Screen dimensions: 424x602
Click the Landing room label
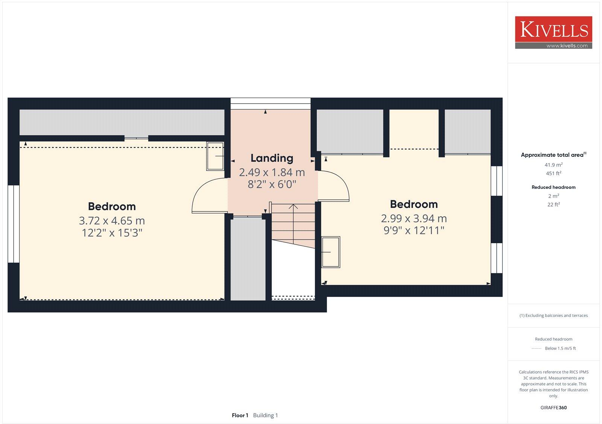272,158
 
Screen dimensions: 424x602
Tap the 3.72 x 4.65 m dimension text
112,221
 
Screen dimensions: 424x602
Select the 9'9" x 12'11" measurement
414,230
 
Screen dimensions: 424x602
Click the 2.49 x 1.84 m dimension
272,173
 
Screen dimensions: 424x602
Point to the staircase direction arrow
293,207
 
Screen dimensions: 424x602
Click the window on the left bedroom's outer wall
14,224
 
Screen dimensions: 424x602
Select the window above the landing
270,103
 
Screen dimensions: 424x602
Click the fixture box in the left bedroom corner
215,156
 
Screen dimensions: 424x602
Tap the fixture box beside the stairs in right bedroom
331,252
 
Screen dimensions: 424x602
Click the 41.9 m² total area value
553,165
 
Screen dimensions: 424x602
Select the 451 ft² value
553,174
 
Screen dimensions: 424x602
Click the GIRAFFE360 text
553,407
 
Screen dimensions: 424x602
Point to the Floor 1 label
240,415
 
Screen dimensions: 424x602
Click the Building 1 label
265,415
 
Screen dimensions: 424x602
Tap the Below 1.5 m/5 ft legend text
560,348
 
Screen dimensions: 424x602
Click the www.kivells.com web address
567,46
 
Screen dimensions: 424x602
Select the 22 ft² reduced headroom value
553,205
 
